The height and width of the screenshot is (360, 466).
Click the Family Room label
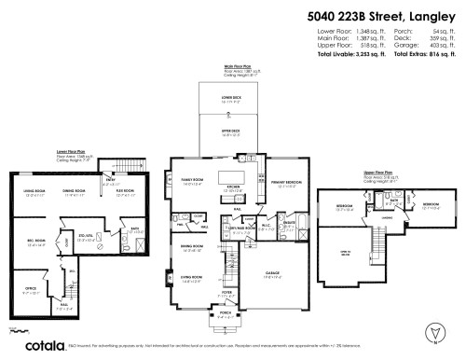coord(192,182)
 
